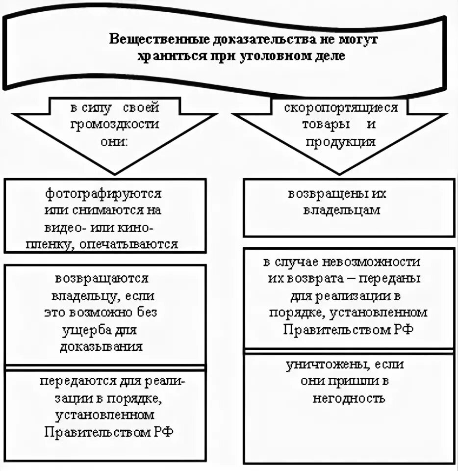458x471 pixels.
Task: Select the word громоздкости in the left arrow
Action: [x=114, y=124]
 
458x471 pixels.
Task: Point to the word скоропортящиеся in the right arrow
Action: [x=341, y=107]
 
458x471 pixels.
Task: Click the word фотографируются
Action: [x=103, y=194]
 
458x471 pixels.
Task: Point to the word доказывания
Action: [x=102, y=346]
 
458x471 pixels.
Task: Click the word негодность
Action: [x=349, y=398]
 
